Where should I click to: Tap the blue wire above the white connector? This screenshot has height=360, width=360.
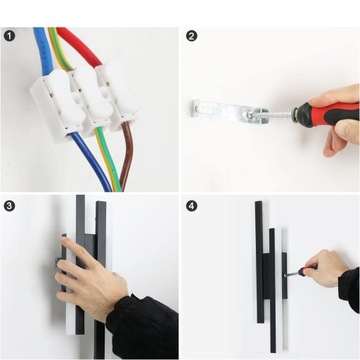pyautogui.click(x=40, y=45)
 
